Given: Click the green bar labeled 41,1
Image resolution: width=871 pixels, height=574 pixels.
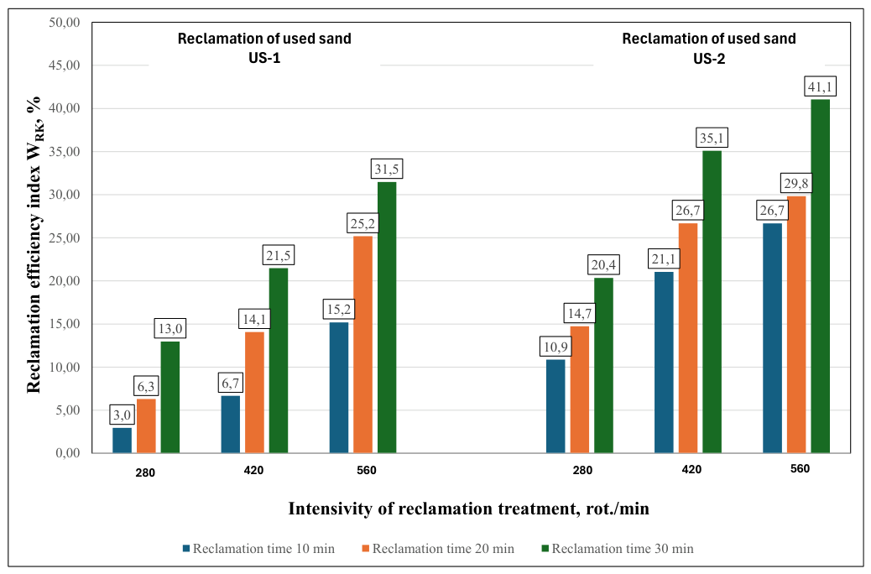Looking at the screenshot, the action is pyautogui.click(x=820, y=276).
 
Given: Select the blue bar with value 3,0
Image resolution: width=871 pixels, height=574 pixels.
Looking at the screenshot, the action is pyautogui.click(x=123, y=440).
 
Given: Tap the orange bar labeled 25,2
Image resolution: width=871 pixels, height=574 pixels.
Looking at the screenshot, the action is pyautogui.click(x=362, y=345).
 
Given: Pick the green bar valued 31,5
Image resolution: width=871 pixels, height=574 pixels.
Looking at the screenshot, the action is pyautogui.click(x=387, y=317).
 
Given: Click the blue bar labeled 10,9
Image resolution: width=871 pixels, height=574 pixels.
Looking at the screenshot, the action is pyautogui.click(x=555, y=406).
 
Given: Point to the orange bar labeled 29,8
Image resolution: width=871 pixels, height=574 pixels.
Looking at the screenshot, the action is pyautogui.click(x=796, y=325).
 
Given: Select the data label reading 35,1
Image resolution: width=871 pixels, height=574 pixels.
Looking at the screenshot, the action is pyautogui.click(x=712, y=138).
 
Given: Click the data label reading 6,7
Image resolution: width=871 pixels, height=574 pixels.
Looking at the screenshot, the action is pyautogui.click(x=231, y=384).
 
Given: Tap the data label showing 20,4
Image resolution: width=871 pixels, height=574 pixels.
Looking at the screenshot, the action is pyautogui.click(x=603, y=265).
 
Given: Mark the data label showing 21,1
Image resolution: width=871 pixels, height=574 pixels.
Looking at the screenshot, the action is pyautogui.click(x=664, y=259).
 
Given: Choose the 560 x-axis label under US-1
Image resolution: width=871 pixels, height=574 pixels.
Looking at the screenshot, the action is pyautogui.click(x=367, y=471).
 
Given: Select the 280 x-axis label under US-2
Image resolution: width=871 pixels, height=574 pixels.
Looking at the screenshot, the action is pyautogui.click(x=582, y=471).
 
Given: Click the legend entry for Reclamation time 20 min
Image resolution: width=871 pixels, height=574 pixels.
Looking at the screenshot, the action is pyautogui.click(x=438, y=549).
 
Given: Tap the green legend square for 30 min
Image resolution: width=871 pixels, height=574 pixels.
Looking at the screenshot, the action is pyautogui.click(x=545, y=549).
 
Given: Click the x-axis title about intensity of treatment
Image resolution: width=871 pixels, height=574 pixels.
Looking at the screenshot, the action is pyautogui.click(x=468, y=509).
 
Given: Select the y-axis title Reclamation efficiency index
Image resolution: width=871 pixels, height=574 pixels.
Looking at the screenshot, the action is pyautogui.click(x=34, y=244).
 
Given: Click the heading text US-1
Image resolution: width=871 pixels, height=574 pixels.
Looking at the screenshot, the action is pyautogui.click(x=264, y=59).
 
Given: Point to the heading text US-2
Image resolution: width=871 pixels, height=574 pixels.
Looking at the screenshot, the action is pyautogui.click(x=709, y=59).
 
